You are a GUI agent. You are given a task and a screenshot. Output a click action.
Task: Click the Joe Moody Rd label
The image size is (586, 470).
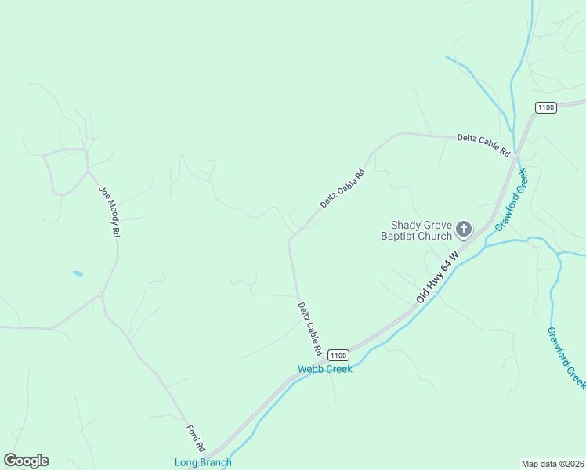(110, 211)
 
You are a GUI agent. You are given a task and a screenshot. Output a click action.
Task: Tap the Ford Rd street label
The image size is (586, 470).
(196, 438)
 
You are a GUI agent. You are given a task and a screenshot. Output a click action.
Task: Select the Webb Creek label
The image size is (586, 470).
(324, 369)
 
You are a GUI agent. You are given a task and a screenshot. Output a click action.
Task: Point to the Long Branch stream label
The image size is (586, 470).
(203, 462)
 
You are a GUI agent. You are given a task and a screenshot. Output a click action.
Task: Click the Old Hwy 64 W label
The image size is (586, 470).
(436, 283)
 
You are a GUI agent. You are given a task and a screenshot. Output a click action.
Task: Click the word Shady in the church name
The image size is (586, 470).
(407, 225)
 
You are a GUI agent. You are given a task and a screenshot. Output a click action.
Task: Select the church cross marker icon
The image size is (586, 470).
(464, 230)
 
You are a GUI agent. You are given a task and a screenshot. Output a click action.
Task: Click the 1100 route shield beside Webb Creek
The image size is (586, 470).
(338, 355)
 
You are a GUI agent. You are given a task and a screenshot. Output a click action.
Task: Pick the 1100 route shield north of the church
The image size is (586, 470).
(546, 107)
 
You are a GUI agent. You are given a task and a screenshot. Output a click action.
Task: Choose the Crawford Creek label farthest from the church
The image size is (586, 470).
(566, 357)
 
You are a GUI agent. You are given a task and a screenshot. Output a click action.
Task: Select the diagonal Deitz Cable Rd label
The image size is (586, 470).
(342, 189)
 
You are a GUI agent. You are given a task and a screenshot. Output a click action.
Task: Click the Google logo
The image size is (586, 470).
(27, 461)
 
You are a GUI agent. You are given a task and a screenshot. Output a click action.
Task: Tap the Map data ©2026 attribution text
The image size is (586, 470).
(553, 464)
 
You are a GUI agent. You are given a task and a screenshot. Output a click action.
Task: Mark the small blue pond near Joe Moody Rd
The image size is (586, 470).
(78, 273)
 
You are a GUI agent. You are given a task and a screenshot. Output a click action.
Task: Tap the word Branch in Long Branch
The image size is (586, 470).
(215, 462)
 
